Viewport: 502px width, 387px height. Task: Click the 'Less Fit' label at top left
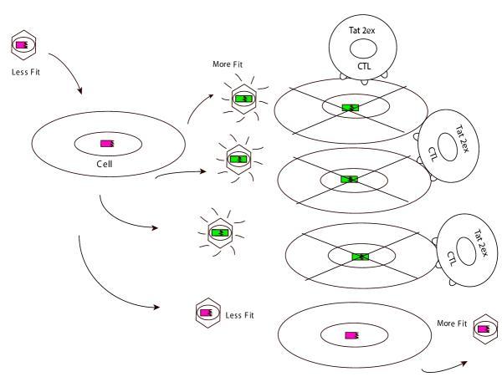click(x=24, y=71)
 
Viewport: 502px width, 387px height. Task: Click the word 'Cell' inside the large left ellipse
click(x=106, y=165)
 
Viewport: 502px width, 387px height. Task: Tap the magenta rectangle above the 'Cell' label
click(x=107, y=144)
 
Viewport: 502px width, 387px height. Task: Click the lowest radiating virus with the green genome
click(x=219, y=231)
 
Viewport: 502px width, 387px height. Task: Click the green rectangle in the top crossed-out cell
click(x=349, y=107)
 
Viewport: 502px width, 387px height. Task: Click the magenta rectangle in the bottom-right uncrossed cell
click(x=351, y=335)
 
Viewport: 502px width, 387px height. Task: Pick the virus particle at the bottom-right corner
click(x=482, y=328)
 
